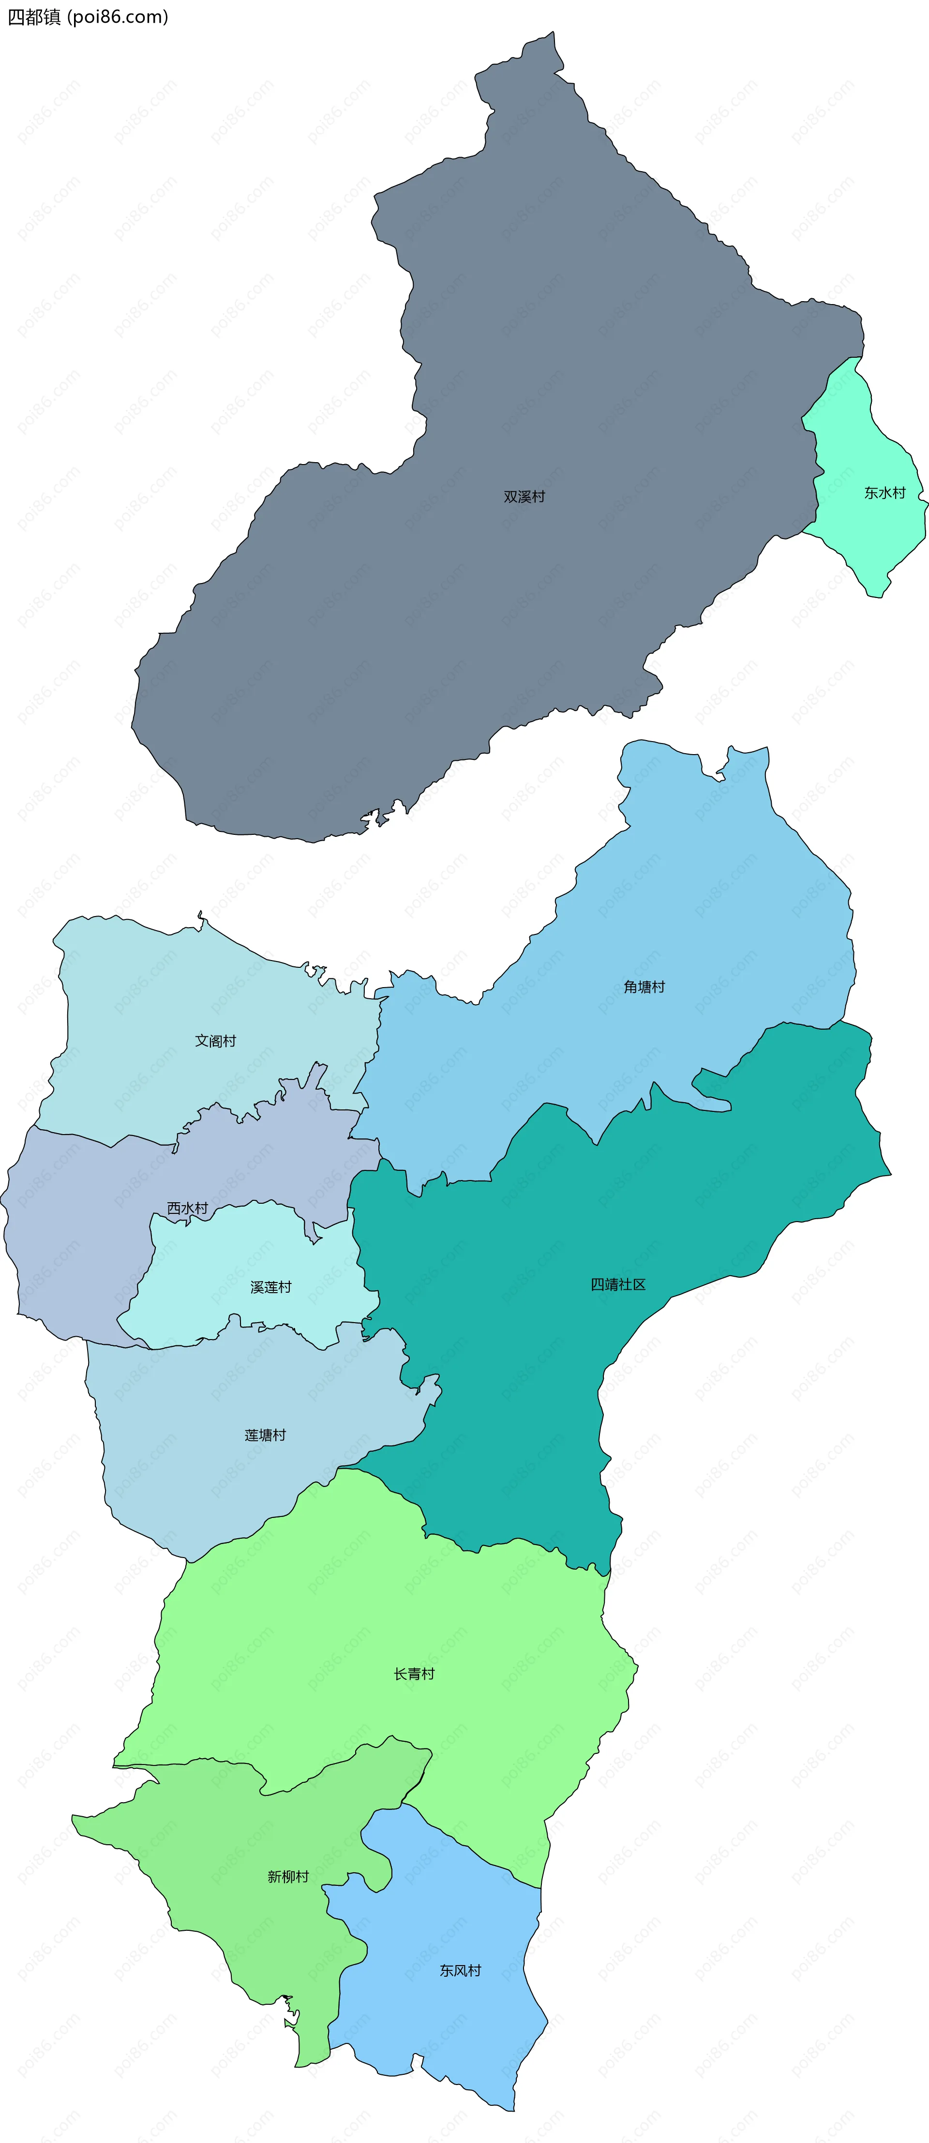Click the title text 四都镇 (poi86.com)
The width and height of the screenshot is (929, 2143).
pyautogui.click(x=88, y=16)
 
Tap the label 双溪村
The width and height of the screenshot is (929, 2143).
pyautogui.click(x=524, y=496)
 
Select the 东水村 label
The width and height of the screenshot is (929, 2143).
pyautogui.click(x=884, y=493)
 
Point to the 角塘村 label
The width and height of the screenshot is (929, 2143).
pyautogui.click(x=644, y=987)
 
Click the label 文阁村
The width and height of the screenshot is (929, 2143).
pyautogui.click(x=216, y=1041)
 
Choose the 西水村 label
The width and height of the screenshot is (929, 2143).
pyautogui.click(x=187, y=1208)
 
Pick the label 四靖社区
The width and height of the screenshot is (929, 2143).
pyautogui.click(x=618, y=1284)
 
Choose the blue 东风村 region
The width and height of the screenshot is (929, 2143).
pyautogui.click(x=450, y=2013)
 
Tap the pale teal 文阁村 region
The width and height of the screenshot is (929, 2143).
pyautogui.click(x=166, y=998)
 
